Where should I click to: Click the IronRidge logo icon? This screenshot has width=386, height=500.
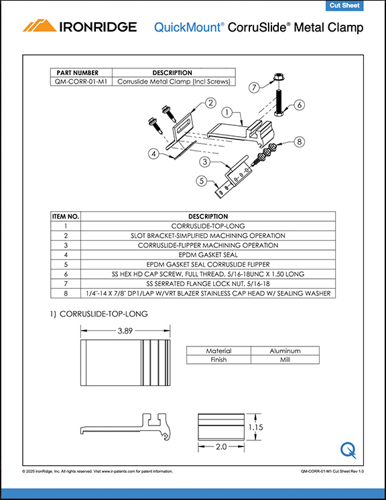39,26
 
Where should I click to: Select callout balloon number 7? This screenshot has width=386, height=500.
254,87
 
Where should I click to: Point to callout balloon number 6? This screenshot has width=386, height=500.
299,105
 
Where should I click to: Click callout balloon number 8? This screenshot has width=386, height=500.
299,141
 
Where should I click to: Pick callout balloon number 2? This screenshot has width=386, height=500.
210,103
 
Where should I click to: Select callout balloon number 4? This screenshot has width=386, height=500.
153,153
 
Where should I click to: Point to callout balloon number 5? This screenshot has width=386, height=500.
200,180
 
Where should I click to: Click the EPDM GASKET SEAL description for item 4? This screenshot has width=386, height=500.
208,255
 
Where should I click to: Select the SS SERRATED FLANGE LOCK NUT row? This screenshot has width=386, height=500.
208,284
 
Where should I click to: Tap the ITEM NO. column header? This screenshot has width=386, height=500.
66,216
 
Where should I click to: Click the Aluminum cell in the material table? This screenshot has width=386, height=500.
285,351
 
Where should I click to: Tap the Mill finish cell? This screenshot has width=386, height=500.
285,360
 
